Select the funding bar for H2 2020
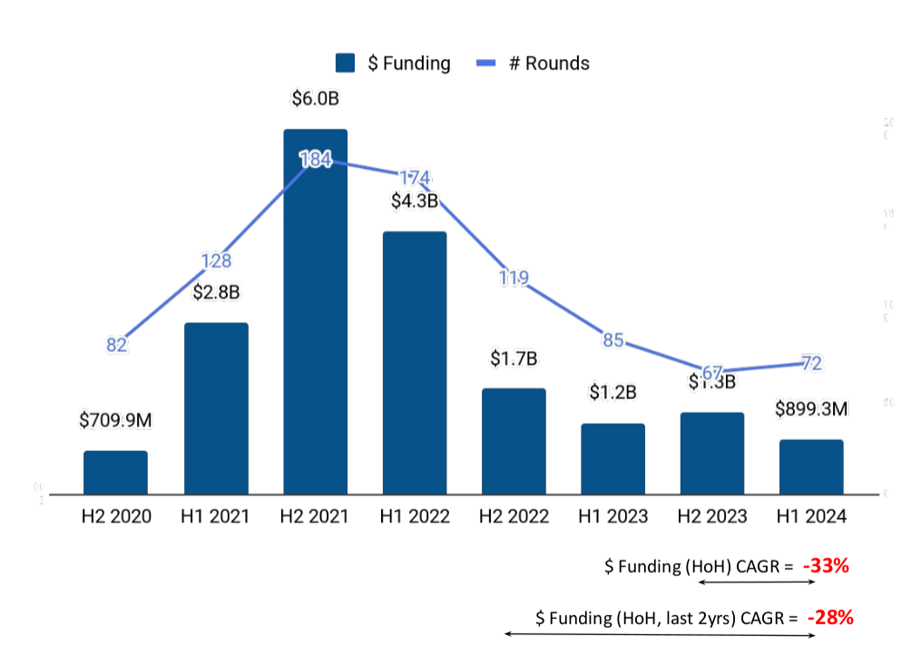pyautogui.click(x=115, y=472)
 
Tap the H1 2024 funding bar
pyautogui.click(x=811, y=466)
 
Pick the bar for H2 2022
pyautogui.click(x=514, y=441)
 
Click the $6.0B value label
pyautogui.click(x=315, y=98)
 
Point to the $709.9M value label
pyautogui.click(x=115, y=420)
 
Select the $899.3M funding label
pyautogui.click(x=811, y=409)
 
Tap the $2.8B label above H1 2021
pyautogui.click(x=216, y=292)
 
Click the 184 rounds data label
pyautogui.click(x=315, y=160)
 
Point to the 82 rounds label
pyautogui.click(x=117, y=345)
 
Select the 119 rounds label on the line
pyautogui.click(x=514, y=278)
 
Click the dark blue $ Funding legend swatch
pyautogui.click(x=345, y=63)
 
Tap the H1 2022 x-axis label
pyautogui.click(x=415, y=516)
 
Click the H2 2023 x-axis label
pyautogui.click(x=712, y=516)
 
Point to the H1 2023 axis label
pyautogui.click(x=613, y=516)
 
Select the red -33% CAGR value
pyautogui.click(x=826, y=566)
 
